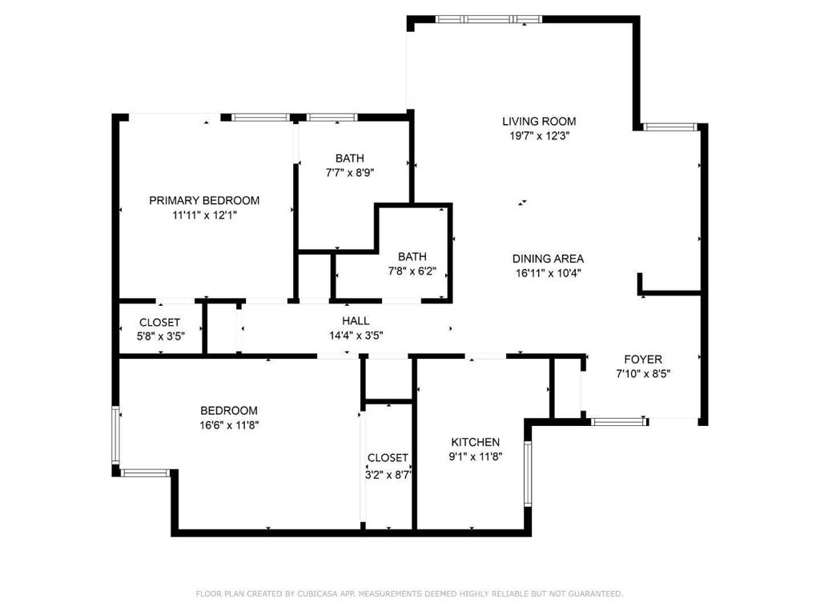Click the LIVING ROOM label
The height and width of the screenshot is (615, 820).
(539, 122)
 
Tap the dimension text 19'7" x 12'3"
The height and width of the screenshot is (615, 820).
(539, 136)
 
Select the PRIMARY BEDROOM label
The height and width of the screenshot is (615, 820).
(204, 200)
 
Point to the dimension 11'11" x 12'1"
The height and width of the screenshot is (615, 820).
(204, 215)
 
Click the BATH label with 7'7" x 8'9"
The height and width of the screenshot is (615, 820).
(349, 159)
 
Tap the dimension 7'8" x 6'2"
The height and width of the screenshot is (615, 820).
(412, 271)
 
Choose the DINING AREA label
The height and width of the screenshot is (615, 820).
(548, 259)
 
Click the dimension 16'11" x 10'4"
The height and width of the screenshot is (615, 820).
(548, 273)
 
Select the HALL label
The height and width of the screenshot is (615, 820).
(356, 321)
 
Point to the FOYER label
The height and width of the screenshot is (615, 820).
(643, 360)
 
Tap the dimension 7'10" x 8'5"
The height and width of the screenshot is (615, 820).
(643, 374)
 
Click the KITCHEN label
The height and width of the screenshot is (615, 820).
(476, 442)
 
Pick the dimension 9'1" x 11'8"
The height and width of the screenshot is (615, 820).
(476, 456)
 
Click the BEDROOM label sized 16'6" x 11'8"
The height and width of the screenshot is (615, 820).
(229, 410)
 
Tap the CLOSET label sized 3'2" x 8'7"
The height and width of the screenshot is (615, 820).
(388, 458)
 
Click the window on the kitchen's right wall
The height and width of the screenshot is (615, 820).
(527, 474)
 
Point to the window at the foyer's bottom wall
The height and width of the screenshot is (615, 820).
(618, 420)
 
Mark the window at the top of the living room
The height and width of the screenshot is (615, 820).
(489, 18)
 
